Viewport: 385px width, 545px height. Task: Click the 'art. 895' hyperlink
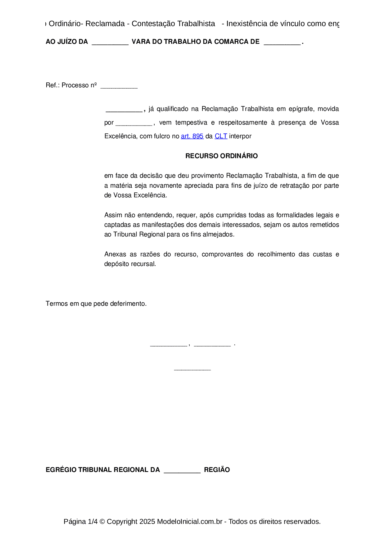(192, 136)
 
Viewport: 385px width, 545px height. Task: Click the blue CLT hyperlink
(221, 136)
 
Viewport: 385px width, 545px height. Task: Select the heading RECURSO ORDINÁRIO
(221, 156)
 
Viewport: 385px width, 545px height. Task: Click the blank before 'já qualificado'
(124, 110)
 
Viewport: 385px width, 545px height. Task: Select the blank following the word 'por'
(134, 124)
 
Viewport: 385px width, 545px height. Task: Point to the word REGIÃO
(217, 470)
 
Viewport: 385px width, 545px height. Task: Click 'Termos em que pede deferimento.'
(96, 304)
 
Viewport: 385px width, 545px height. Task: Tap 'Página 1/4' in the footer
(80, 521)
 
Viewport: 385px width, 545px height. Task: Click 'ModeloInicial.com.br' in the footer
(189, 521)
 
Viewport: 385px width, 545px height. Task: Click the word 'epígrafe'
(301, 109)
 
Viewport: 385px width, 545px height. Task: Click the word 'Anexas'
(115, 254)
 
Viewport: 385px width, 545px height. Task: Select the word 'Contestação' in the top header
(150, 24)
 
